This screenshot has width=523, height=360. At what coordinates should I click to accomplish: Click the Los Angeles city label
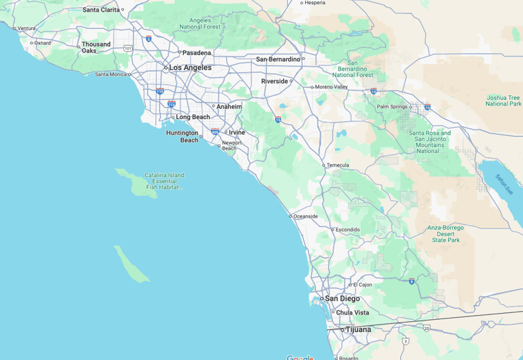[190, 67]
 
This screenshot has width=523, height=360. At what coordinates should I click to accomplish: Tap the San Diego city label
[342, 299]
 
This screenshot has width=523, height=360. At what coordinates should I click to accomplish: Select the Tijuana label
[358, 329]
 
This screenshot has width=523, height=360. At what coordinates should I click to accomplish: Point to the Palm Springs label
[392, 107]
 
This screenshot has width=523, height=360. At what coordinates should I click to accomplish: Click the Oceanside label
[305, 216]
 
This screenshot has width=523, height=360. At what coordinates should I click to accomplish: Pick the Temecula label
[338, 165]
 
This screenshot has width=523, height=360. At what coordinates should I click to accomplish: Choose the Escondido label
[347, 229]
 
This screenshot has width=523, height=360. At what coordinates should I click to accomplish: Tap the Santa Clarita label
[101, 10]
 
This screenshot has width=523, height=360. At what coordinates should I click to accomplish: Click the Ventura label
[27, 29]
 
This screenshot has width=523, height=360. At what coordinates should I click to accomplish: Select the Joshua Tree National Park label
[503, 101]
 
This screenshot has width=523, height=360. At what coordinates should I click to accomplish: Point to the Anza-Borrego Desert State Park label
[445, 233]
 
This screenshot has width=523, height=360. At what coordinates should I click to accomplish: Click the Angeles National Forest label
[200, 24]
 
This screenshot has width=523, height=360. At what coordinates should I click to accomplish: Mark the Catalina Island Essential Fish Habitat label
[164, 181]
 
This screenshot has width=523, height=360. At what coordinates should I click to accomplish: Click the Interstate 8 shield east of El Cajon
[411, 280]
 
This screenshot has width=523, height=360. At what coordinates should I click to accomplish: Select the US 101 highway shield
[128, 48]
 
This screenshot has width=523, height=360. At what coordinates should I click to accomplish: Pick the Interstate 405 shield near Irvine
[215, 132]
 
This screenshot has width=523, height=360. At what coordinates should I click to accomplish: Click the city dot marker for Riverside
[291, 81]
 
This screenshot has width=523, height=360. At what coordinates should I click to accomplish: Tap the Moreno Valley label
[332, 87]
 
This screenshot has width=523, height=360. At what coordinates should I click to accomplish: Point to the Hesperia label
[315, 3]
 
